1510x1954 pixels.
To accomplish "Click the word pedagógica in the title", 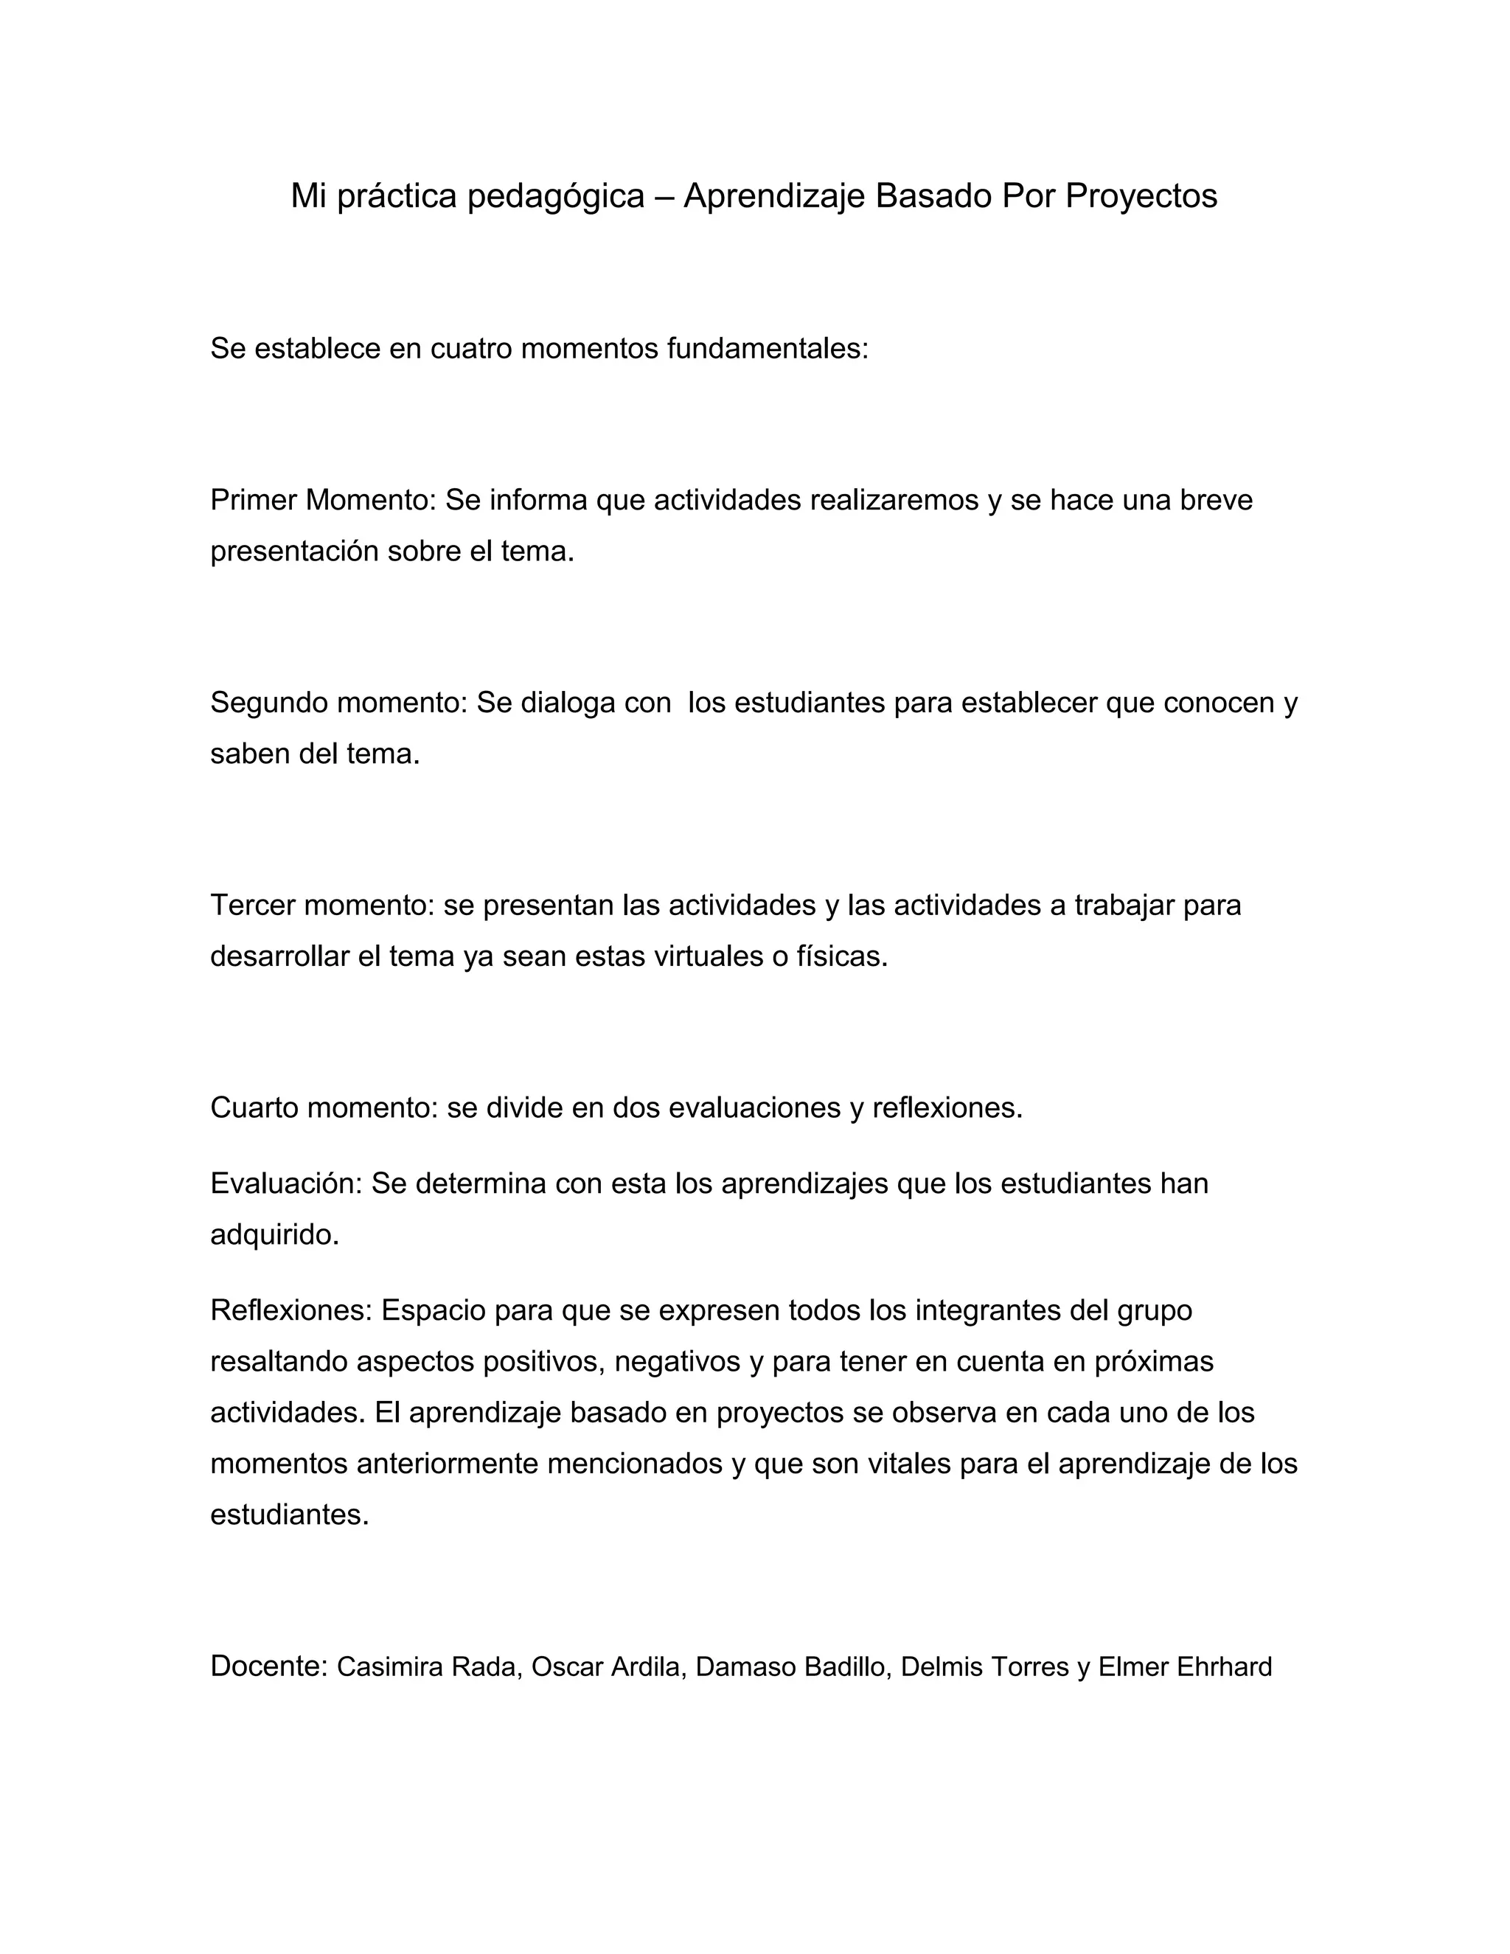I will [x=555, y=197].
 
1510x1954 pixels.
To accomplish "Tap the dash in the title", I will [x=664, y=197].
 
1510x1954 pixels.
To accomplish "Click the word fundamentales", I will [x=768, y=349].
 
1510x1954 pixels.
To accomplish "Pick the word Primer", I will [x=254, y=501].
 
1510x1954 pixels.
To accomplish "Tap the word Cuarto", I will [x=254, y=1108].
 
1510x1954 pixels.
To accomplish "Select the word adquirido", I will [x=274, y=1236].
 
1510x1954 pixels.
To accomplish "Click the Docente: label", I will [x=269, y=1666].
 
